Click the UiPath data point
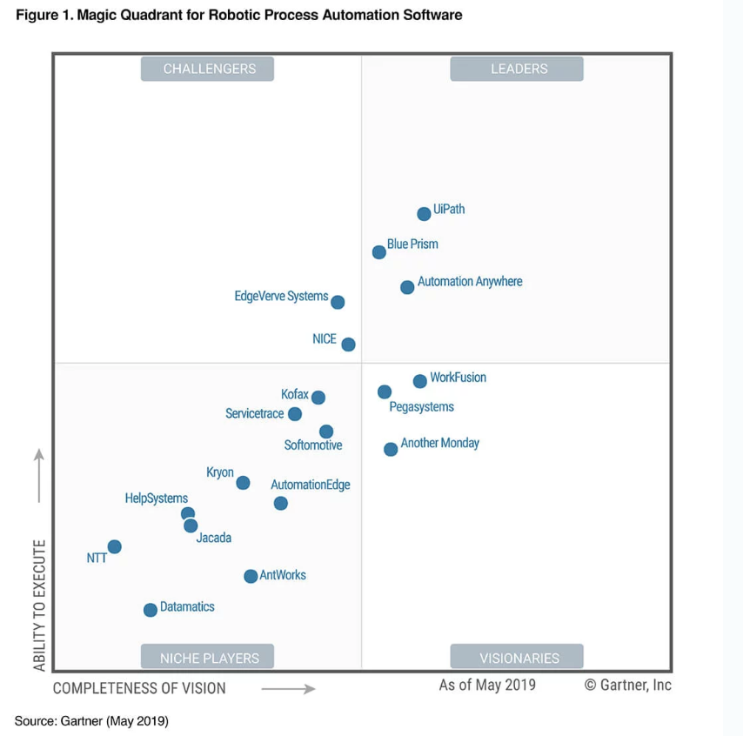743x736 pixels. [x=424, y=214]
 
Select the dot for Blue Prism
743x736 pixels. [x=379, y=252]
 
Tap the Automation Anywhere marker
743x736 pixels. [x=407, y=287]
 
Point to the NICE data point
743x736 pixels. [x=348, y=345]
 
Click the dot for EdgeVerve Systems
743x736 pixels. [x=338, y=303]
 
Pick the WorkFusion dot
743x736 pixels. [x=419, y=381]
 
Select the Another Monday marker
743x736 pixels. [x=391, y=449]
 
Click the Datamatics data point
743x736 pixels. [x=150, y=610]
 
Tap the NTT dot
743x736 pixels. [x=114, y=546]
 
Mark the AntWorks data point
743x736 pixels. [x=251, y=576]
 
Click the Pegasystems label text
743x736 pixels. [x=421, y=406]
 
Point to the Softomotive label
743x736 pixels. [x=313, y=445]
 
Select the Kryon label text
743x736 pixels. [x=220, y=472]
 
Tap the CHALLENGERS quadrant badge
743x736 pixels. [x=208, y=69]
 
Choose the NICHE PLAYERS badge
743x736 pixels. [x=208, y=657]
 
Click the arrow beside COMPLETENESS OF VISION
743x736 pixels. [x=288, y=689]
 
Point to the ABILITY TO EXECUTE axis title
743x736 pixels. [x=39, y=605]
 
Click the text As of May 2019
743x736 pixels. [x=487, y=685]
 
